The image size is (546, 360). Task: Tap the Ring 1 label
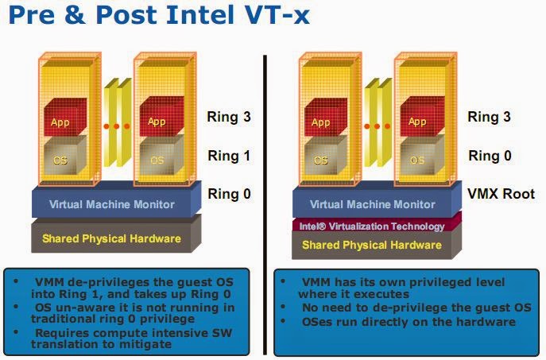click(229, 157)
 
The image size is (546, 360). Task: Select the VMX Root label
click(501, 194)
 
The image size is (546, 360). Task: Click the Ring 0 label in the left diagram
click(229, 193)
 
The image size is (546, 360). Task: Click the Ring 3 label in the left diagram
click(229, 118)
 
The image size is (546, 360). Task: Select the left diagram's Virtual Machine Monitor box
click(111, 204)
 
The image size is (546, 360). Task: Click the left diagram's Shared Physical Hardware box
click(111, 238)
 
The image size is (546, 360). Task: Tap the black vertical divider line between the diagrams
click(265, 199)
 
